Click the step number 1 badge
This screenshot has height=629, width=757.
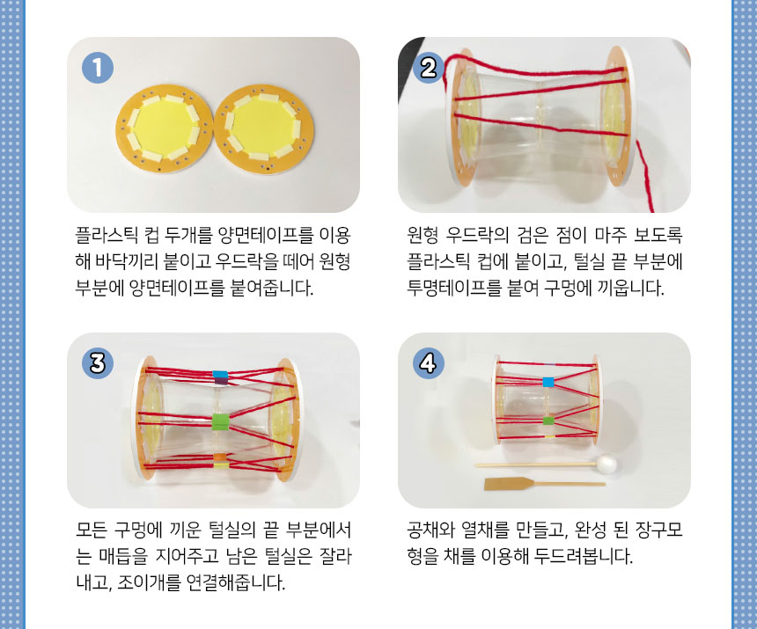coord(98,68)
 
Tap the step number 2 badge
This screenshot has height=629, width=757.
coord(428,68)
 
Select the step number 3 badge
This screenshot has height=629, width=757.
coord(98,362)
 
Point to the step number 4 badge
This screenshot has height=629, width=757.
coord(428,362)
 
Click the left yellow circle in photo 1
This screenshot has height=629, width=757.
coord(164,128)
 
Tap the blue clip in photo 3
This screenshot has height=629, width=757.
coord(220,374)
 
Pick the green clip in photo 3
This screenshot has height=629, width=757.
coord(220,421)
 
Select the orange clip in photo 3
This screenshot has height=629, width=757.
coord(220,457)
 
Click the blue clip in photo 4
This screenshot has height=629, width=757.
coord(548,382)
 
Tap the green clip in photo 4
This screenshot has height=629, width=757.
coord(548,421)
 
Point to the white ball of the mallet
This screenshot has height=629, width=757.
coord(606,464)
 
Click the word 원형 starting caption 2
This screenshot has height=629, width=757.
coord(423,236)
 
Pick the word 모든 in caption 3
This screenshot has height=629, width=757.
coord(92,530)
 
